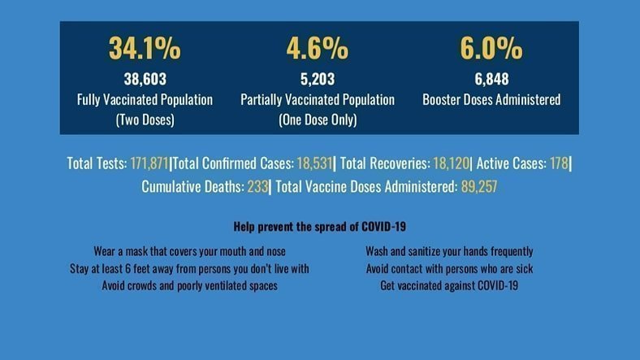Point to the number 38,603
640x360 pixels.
(145, 80)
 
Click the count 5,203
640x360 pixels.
(317, 80)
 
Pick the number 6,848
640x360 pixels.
(491, 80)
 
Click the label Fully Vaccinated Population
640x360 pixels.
(145, 100)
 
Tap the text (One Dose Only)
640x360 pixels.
(317, 119)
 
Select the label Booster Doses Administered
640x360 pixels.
(491, 100)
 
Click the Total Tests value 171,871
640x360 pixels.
(149, 163)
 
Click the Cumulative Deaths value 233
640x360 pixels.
(257, 186)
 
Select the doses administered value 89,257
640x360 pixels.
(478, 186)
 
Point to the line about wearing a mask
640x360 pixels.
(189, 251)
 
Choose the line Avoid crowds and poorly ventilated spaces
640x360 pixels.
(188, 285)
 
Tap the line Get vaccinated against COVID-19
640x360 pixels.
(449, 285)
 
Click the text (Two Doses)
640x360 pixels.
(145, 119)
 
